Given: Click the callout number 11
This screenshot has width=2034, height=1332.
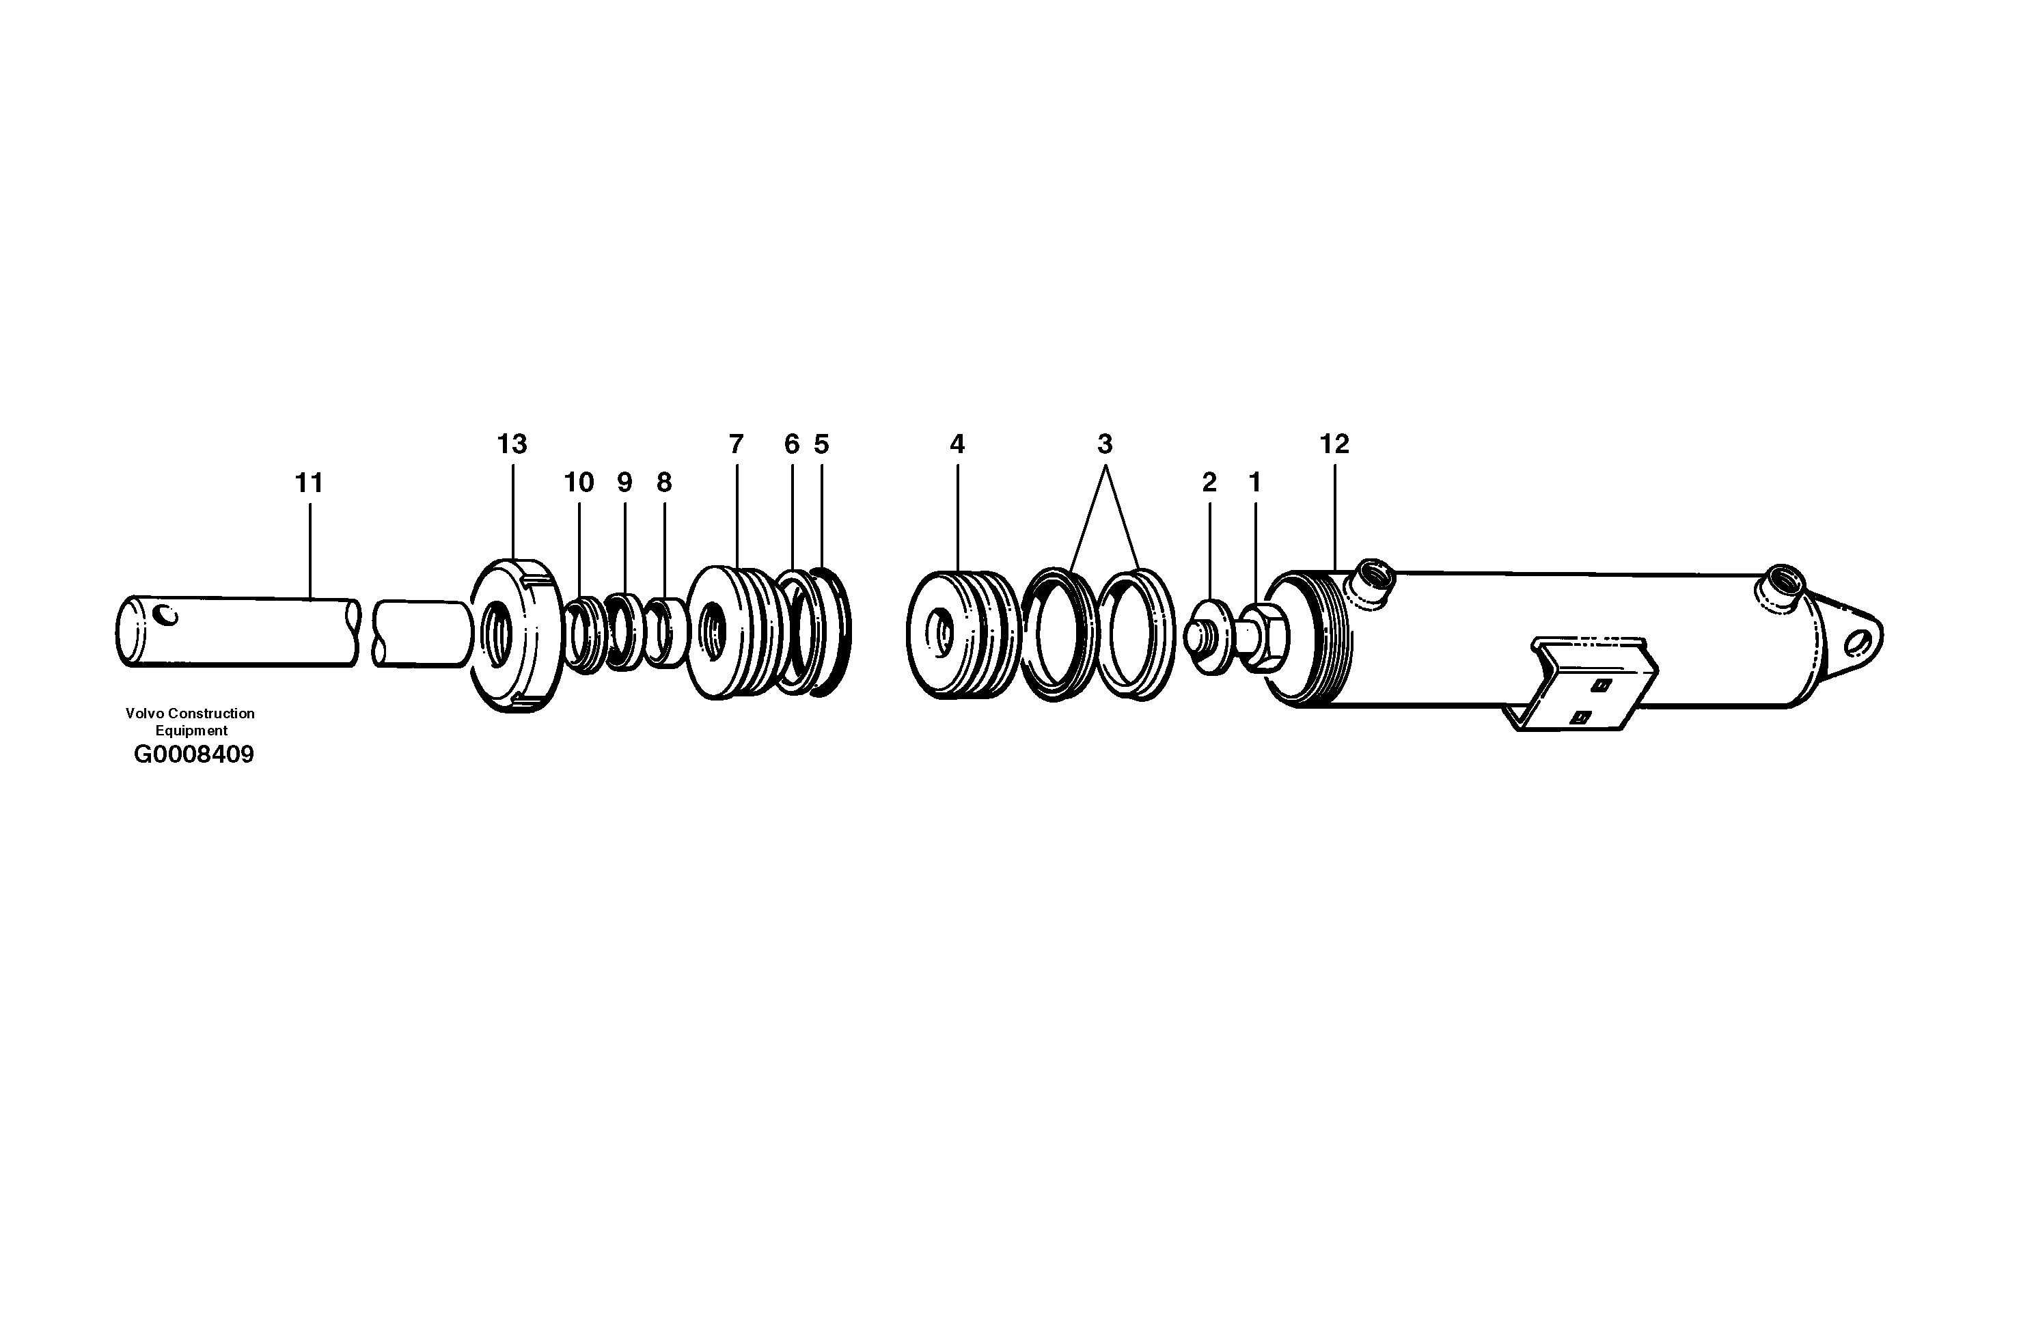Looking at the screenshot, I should [x=309, y=484].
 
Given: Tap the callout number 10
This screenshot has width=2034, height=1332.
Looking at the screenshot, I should [x=579, y=484].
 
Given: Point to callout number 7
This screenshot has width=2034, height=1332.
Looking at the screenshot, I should [x=736, y=445].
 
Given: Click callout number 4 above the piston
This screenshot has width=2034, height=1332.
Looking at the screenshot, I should [x=957, y=445].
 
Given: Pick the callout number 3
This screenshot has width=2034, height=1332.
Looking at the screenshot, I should [x=1104, y=445].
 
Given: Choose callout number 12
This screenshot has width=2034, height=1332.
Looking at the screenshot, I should [x=1334, y=445].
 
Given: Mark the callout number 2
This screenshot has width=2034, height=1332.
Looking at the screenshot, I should [x=1209, y=484].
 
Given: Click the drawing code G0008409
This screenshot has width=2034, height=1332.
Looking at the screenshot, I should [x=194, y=755].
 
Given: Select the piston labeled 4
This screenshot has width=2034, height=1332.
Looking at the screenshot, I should [x=961, y=634].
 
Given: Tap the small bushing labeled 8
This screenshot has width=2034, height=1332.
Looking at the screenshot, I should [x=665, y=633].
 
